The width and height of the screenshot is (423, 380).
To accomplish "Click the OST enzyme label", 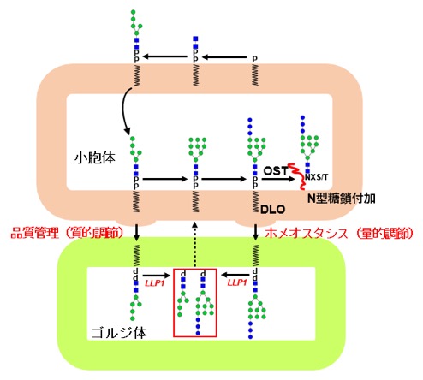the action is point(276,171).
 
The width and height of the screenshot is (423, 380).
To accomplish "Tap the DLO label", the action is point(273,210).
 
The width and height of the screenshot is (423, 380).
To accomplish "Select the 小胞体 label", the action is point(95,157).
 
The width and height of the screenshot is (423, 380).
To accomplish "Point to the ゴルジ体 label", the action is point(119,333).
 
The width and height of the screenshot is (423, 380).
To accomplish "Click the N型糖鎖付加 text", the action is point(342,199).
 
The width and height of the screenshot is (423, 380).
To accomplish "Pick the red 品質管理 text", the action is point(34,233).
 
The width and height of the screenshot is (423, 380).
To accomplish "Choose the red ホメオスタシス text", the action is point(307,233).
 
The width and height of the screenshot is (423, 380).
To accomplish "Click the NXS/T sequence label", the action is point(316,177).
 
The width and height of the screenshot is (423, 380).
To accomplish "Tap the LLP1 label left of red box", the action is point(155,283).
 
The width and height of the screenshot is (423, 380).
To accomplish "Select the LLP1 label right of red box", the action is point(237,282).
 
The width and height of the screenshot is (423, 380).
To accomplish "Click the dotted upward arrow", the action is point(194,245).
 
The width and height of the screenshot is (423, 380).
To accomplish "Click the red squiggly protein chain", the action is point(297,175).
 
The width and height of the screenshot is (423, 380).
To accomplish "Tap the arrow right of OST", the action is point(278,179).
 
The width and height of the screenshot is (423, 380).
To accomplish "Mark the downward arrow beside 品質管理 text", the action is point(137,232).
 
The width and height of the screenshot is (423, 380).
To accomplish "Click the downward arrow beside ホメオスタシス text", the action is point(256,232).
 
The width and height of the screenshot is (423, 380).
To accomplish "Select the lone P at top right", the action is point(254,59).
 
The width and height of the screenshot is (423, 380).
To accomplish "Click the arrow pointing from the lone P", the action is point(224,57).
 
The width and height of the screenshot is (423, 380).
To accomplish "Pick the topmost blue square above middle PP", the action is point(195,39).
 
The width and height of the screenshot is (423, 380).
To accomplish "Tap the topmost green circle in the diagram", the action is point(133,12).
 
